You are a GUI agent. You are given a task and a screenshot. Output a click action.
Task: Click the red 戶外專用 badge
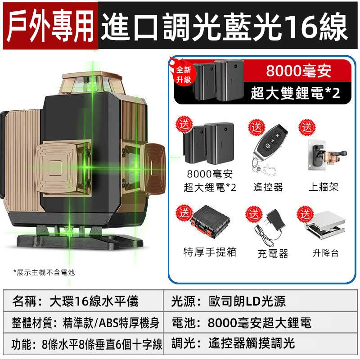pos(50,26)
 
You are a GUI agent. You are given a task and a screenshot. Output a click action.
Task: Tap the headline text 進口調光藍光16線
pos(224,27)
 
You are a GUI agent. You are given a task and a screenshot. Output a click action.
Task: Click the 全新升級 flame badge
pos(183,72)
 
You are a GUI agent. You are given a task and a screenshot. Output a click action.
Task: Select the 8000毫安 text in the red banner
pos(299,71)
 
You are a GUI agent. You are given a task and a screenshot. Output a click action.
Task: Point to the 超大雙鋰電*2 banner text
pos(295,93)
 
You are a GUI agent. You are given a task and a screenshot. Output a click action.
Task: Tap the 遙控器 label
pos(268,187)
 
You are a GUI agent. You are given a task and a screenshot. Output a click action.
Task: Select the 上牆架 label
pos(324,187)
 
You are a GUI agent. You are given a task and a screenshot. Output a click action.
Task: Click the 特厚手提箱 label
pos(210,252)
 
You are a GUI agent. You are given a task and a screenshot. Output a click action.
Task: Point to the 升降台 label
pos(325,253)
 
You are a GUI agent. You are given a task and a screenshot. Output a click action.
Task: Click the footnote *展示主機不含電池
pos(44,273)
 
